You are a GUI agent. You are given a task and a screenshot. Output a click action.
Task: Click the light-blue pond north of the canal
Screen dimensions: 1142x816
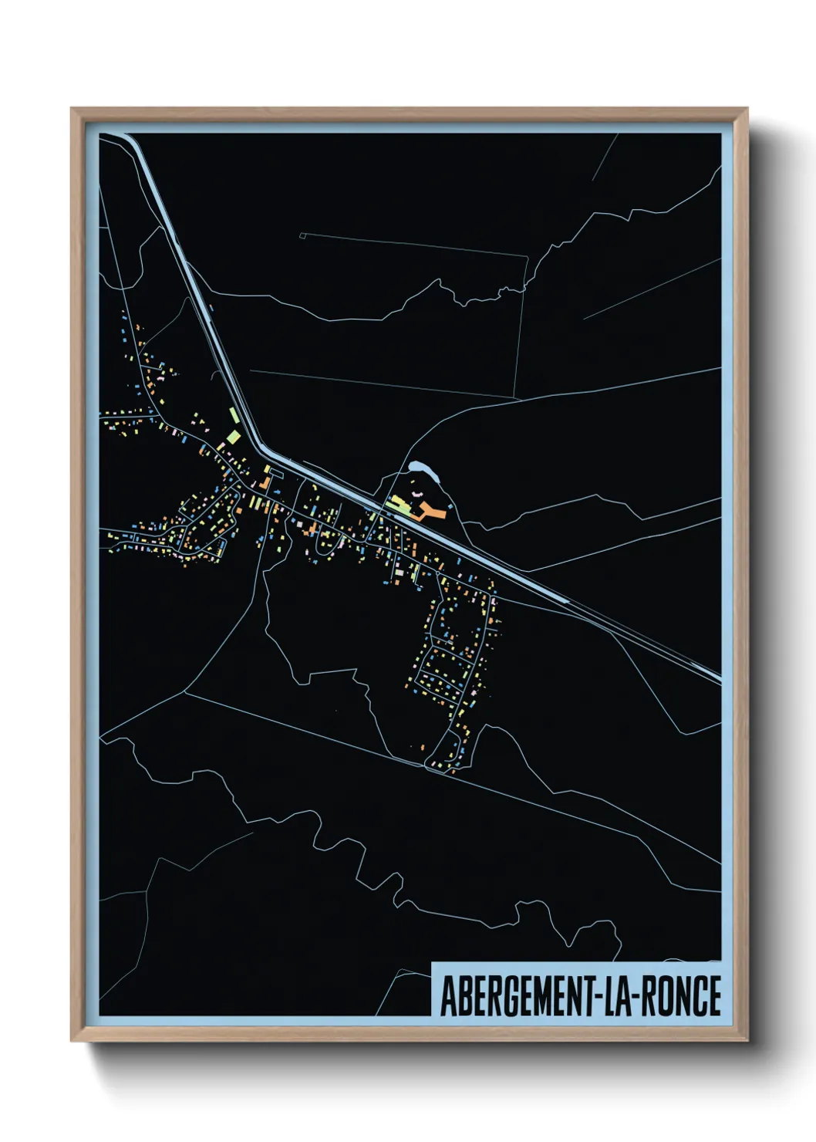(x=421, y=468)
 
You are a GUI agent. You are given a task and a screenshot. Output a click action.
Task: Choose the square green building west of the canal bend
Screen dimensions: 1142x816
(x=233, y=438)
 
